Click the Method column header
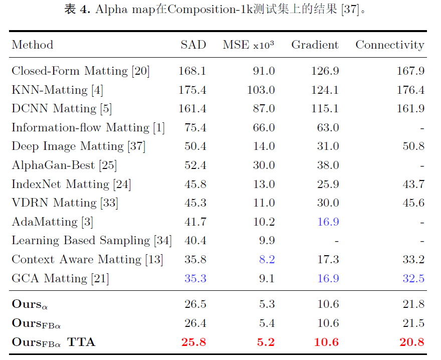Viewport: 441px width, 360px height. tap(33, 45)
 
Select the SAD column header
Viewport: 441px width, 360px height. tap(193, 45)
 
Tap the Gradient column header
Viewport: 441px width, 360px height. tap(315, 45)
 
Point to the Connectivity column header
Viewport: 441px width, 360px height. tap(389, 45)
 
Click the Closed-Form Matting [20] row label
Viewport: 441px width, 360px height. tap(80, 71)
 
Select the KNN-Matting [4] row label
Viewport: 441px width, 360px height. tap(57, 90)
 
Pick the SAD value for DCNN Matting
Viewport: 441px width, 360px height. tap(192, 109)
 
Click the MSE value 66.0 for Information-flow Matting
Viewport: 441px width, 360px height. tap(264, 128)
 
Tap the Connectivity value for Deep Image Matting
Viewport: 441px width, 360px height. tap(413, 146)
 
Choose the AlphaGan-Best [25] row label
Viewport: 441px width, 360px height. tap(64, 165)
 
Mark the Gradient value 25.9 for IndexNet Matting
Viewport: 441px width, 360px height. tap(328, 185)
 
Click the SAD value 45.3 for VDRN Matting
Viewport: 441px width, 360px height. tap(195, 203)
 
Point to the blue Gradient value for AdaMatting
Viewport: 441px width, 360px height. tap(328, 222)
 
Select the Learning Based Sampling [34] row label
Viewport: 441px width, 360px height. tap(91, 241)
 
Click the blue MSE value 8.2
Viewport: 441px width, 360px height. tap(266, 260)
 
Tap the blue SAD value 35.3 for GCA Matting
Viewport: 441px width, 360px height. tap(195, 278)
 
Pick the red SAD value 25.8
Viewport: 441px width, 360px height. tap(193, 342)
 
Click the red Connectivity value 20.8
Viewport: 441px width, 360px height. tap(412, 342)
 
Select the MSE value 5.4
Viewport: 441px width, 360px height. tap(266, 323)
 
